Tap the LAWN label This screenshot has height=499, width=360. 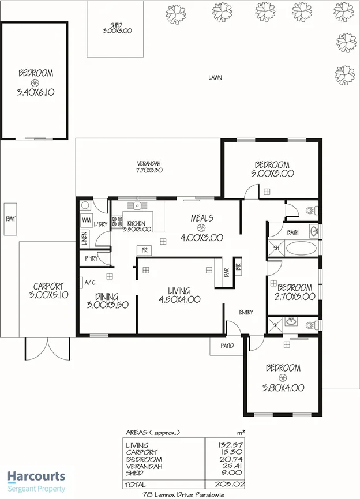pyautogui.click(x=215, y=77)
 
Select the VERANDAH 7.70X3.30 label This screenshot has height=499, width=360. pyautogui.click(x=149, y=167)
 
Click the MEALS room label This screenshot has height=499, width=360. pyautogui.click(x=202, y=218)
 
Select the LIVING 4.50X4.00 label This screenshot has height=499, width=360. pyautogui.click(x=180, y=295)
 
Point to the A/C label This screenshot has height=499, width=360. pyautogui.click(x=90, y=283)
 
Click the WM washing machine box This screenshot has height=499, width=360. pyautogui.click(x=86, y=220)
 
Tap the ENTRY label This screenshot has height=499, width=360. pyautogui.click(x=246, y=313)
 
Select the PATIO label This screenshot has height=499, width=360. pyautogui.click(x=227, y=346)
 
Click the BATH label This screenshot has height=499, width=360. pyautogui.click(x=292, y=232)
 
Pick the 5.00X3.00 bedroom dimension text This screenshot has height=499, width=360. pyautogui.click(x=272, y=172)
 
